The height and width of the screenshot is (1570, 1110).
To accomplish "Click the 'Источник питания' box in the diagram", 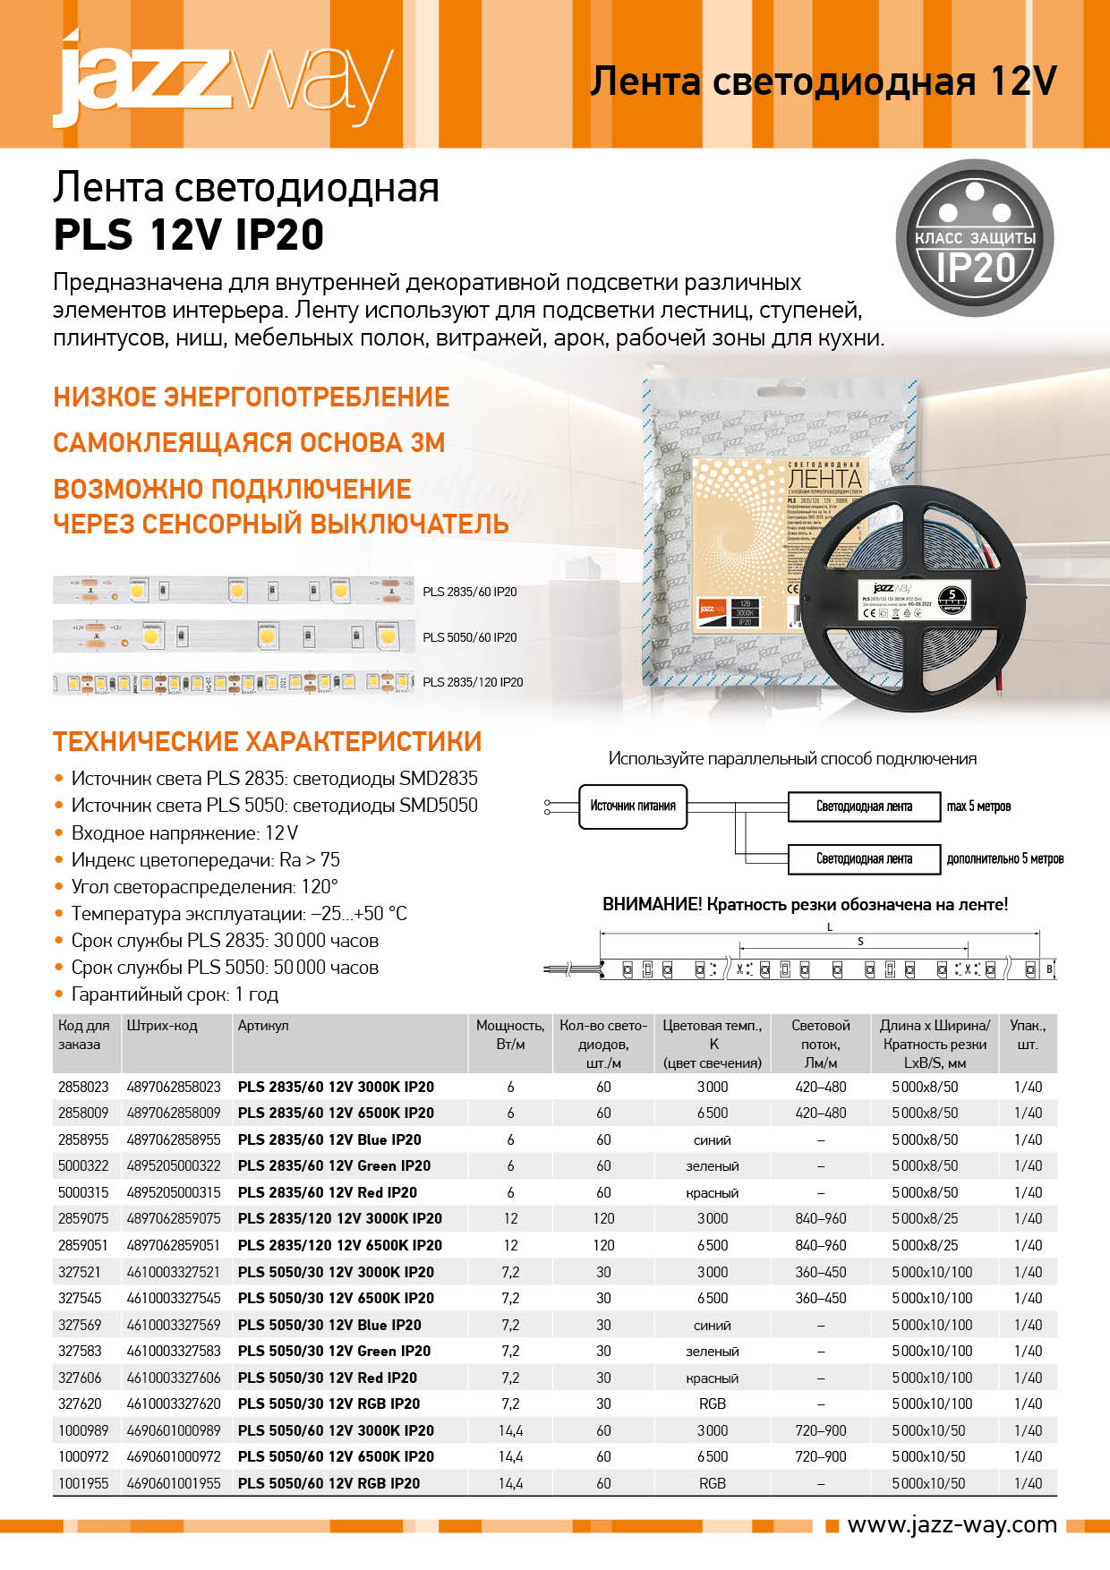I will point(632,806).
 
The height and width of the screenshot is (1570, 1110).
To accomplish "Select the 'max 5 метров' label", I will point(978,806).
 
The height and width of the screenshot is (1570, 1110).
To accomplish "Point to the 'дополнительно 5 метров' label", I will point(1004,859).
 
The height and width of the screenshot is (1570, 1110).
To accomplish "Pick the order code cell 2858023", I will point(83,1087).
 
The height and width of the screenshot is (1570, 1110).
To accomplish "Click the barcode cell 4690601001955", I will point(174,1483).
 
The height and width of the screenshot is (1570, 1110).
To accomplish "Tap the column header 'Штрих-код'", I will point(162,1026).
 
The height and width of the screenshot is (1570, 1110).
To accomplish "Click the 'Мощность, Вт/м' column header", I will point(510,1035).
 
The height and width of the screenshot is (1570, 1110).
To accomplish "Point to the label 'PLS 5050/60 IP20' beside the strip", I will point(470,637).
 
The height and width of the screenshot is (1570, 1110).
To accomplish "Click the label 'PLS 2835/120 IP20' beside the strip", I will point(473,682).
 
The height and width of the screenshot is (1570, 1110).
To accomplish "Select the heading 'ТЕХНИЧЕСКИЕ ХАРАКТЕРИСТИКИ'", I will point(267,742).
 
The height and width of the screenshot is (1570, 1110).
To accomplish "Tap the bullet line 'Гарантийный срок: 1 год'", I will point(175,994).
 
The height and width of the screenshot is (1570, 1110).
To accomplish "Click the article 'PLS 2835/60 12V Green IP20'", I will point(334,1165).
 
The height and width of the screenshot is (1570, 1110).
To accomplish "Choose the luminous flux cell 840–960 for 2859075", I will point(820,1218).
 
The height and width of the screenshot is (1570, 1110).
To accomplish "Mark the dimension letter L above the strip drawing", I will point(830,926).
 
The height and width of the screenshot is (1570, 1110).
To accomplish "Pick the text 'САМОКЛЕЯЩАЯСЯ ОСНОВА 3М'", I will point(249,443).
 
